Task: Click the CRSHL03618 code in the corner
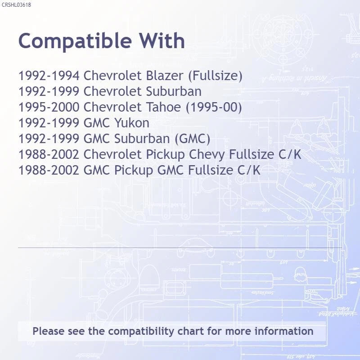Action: (x=16, y=5)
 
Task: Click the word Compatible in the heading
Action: (x=75, y=41)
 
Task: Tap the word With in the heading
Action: (x=162, y=40)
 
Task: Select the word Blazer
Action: (x=165, y=76)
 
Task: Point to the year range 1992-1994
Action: (x=49, y=76)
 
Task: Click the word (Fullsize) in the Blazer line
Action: (x=215, y=76)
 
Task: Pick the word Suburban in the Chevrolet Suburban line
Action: (x=174, y=91)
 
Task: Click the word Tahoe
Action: (x=163, y=107)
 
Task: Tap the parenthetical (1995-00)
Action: (x=214, y=107)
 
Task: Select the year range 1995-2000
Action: (x=49, y=107)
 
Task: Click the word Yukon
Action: (x=132, y=123)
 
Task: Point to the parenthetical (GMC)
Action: (x=193, y=139)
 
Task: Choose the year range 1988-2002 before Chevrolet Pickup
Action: (x=49, y=154)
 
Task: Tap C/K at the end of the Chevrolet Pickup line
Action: (x=290, y=154)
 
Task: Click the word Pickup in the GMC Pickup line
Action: (x=134, y=171)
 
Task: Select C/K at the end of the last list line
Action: (x=249, y=170)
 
